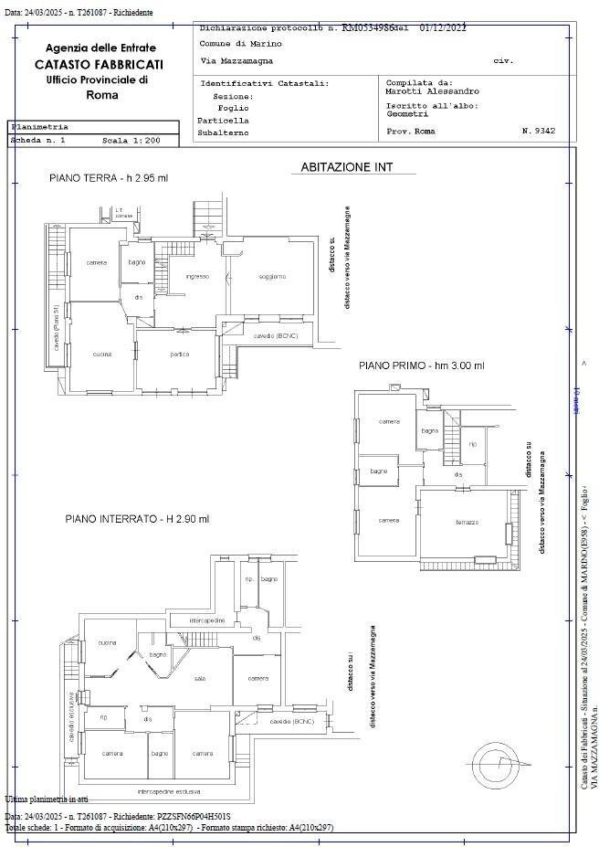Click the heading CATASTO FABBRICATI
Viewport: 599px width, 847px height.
coord(99,65)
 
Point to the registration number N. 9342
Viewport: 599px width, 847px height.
coord(538,132)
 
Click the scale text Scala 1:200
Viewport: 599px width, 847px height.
coord(131,142)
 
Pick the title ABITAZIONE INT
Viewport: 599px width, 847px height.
coord(346,167)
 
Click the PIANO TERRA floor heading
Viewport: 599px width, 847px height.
coord(108,178)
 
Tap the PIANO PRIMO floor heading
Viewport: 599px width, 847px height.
coord(421,365)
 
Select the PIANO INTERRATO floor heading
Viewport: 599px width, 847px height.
coord(137,519)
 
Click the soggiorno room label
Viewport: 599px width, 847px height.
coord(272,276)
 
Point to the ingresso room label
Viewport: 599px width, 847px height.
coord(197,276)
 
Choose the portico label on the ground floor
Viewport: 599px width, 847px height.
coord(181,355)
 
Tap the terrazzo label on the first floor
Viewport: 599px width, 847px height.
coord(468,522)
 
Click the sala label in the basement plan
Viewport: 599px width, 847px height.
coord(200,678)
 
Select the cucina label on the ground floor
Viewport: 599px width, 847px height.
coord(101,354)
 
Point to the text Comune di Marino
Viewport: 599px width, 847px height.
coord(241,44)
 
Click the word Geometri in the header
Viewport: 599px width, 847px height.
coord(407,114)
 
